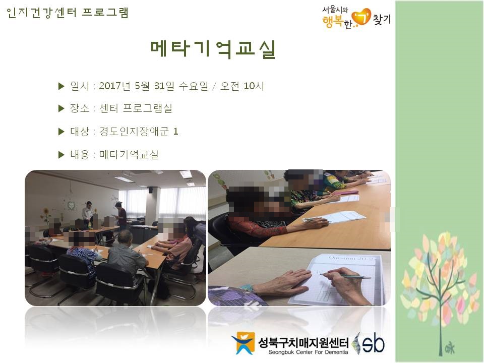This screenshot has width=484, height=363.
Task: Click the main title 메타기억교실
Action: click(213, 49)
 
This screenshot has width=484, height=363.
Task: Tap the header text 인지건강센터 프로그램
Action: click(67, 13)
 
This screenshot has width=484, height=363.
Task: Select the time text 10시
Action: click(254, 86)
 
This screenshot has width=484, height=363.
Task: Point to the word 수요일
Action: click(194, 86)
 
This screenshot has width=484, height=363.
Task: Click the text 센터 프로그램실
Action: click(136, 108)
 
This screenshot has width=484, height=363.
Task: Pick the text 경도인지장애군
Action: click(134, 132)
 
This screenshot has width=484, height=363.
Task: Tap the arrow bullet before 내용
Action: click(61, 155)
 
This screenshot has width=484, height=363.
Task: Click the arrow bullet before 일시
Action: click(61, 86)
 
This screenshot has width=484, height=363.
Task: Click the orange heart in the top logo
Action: click(361, 17)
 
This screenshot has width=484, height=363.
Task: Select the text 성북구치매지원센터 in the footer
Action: click(303, 342)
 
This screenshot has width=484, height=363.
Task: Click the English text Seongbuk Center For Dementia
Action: click(308, 352)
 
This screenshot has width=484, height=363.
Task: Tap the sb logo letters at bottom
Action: click(373, 343)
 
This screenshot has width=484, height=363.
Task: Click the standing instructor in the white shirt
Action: click(87, 211)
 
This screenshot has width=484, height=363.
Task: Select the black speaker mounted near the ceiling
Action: click(151, 190)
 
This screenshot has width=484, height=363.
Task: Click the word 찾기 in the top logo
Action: click(382, 19)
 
